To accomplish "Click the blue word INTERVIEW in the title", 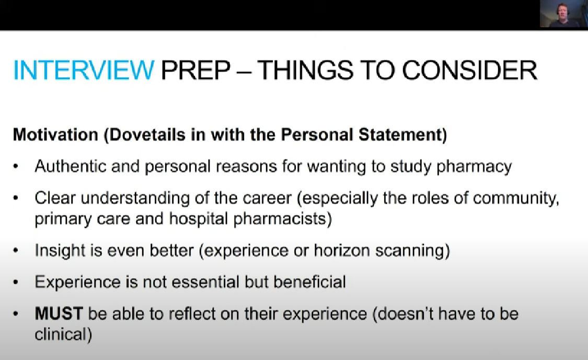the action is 84,70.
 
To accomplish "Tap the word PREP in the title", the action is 196,70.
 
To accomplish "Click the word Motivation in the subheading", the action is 55,135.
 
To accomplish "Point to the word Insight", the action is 60,250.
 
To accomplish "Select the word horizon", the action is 342,250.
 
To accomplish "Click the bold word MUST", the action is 59,313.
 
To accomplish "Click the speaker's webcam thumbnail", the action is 564,14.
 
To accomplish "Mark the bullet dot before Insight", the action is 16,250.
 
